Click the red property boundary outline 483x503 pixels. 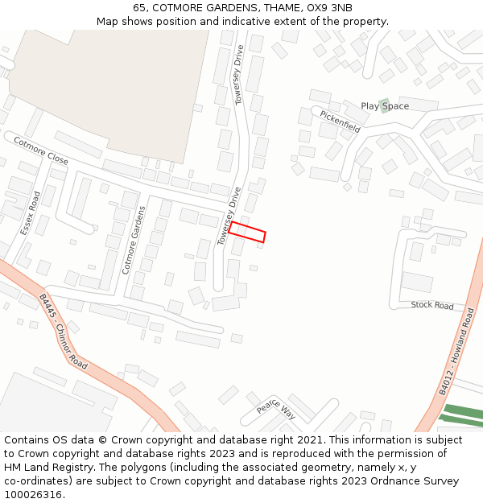pyautogui.click(x=247, y=232)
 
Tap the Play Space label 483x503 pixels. pyautogui.click(x=385, y=106)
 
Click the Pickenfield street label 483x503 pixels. pyautogui.click(x=340, y=122)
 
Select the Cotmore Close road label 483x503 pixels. pyautogui.click(x=41, y=150)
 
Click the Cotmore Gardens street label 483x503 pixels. pyautogui.click(x=133, y=240)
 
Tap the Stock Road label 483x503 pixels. pyautogui.click(x=432, y=306)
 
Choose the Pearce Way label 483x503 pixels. pyautogui.click(x=276, y=410)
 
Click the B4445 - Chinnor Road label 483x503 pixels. pyautogui.click(x=63, y=331)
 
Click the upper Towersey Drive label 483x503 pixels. pyautogui.click(x=238, y=75)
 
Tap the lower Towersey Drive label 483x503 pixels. pyautogui.click(x=229, y=216)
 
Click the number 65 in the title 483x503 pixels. pyautogui.click(x=139, y=8)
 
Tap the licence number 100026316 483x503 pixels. pyautogui.click(x=32, y=495)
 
